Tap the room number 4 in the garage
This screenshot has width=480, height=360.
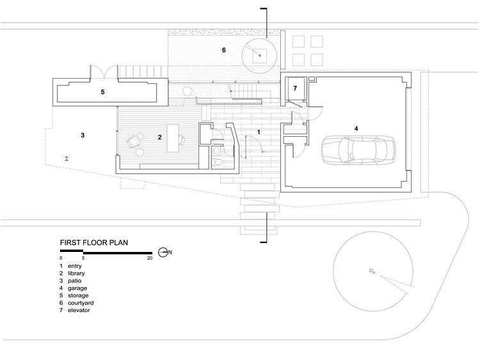(356, 129)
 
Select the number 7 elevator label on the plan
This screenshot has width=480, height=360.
(295, 89)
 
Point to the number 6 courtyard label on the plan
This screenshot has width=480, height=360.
(224, 49)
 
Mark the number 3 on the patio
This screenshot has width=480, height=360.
(83, 135)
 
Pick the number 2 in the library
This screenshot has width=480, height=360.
(159, 137)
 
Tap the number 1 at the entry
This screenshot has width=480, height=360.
(258, 131)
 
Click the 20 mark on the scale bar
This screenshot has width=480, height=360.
(150, 258)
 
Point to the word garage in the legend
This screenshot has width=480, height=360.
(78, 288)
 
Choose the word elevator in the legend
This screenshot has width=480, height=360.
(80, 311)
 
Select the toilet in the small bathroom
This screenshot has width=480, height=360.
(218, 162)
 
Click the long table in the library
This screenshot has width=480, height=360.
(173, 137)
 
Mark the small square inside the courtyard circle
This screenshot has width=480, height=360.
(260, 56)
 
